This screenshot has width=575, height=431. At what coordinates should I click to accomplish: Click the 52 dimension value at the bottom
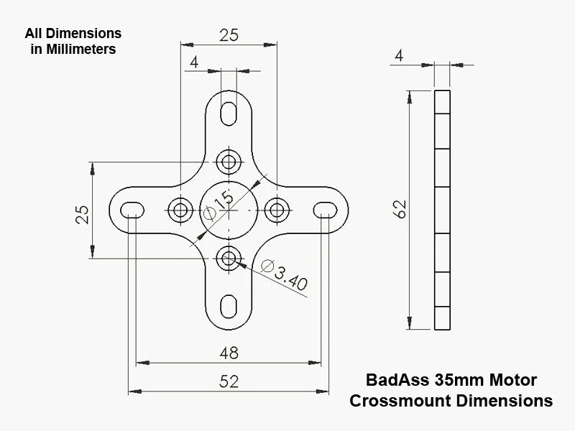(228, 381)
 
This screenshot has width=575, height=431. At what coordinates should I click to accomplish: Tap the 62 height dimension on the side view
(400, 209)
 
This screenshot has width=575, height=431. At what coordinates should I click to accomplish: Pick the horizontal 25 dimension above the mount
(229, 34)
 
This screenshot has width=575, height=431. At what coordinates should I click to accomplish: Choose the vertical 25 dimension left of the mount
(83, 213)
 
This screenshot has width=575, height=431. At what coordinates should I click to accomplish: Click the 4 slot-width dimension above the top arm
(193, 62)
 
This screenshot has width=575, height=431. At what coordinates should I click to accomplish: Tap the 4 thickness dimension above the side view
(400, 55)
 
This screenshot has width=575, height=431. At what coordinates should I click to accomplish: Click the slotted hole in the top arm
(229, 113)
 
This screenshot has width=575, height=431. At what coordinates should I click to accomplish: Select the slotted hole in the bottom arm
(229, 305)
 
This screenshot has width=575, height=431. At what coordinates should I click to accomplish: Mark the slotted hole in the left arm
(132, 209)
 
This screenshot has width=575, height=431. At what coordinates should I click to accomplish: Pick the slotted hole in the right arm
(326, 209)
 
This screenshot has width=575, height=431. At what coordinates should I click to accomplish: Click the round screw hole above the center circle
(229, 160)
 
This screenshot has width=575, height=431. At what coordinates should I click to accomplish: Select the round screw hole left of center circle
(180, 209)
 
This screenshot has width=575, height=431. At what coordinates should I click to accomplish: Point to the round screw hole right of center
(277, 209)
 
